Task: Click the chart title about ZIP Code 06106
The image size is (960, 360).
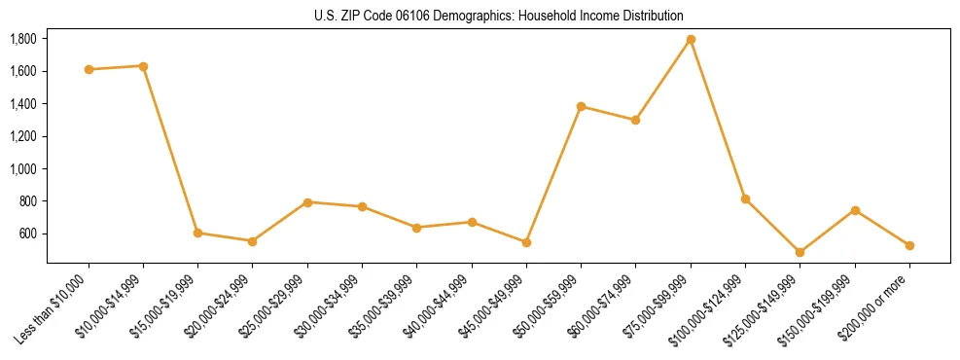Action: pyautogui.click(x=498, y=16)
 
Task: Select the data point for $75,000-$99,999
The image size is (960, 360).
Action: pyautogui.click(x=691, y=40)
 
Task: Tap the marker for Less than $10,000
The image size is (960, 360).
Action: pyautogui.click(x=89, y=69)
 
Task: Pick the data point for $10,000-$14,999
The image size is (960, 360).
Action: pyautogui.click(x=143, y=66)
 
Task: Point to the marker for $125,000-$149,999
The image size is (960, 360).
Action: pyautogui.click(x=800, y=252)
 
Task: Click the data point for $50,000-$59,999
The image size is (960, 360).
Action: pyautogui.click(x=581, y=106)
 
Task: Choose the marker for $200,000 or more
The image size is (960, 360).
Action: pyautogui.click(x=909, y=245)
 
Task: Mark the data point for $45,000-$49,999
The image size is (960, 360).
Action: pyautogui.click(x=526, y=242)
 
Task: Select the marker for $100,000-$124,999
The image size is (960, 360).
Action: pyautogui.click(x=745, y=198)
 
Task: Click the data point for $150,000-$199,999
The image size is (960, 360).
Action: pyautogui.click(x=855, y=210)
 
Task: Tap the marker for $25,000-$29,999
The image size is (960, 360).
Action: pyautogui.click(x=307, y=202)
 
